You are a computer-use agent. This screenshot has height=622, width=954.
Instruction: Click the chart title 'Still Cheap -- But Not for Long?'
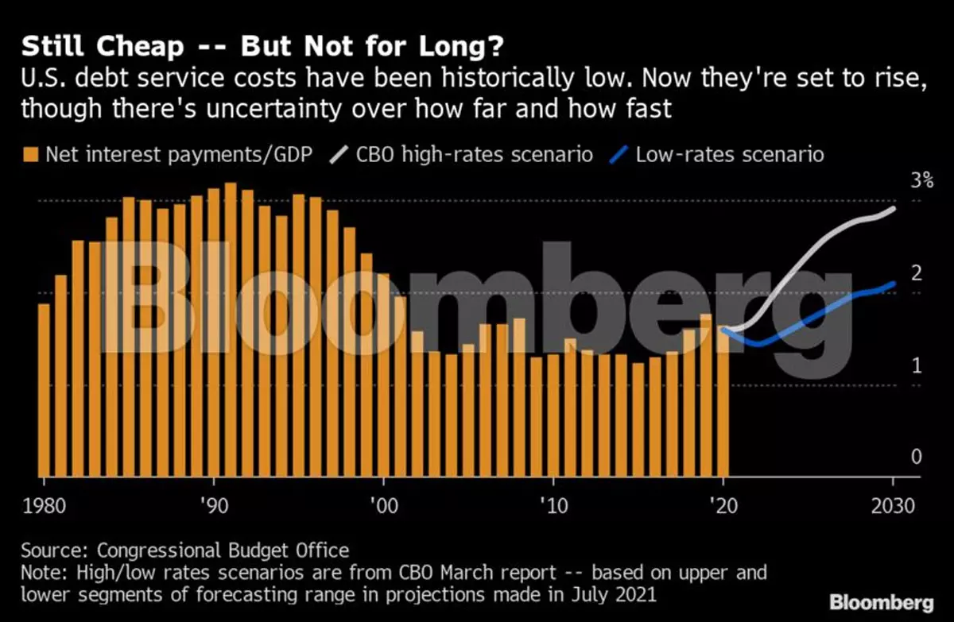(262, 48)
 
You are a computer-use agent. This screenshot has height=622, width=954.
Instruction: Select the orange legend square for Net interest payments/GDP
(30, 154)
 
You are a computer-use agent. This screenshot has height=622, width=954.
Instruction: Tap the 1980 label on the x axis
(44, 507)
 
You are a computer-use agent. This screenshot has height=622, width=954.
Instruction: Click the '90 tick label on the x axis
(213, 507)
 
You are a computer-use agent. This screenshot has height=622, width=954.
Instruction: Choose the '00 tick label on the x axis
(383, 507)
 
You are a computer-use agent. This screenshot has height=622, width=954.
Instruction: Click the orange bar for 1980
(44, 389)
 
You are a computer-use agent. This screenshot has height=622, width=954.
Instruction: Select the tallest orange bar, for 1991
(231, 330)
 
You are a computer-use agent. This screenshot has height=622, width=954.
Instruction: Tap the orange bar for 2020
(723, 401)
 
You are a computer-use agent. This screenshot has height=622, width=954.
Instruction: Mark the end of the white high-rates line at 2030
(894, 209)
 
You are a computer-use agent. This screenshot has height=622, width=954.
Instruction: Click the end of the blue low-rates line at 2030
(894, 284)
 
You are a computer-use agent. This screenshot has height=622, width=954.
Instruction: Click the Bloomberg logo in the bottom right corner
(882, 601)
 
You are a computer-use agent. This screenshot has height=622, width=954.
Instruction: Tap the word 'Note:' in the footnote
(44, 571)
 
